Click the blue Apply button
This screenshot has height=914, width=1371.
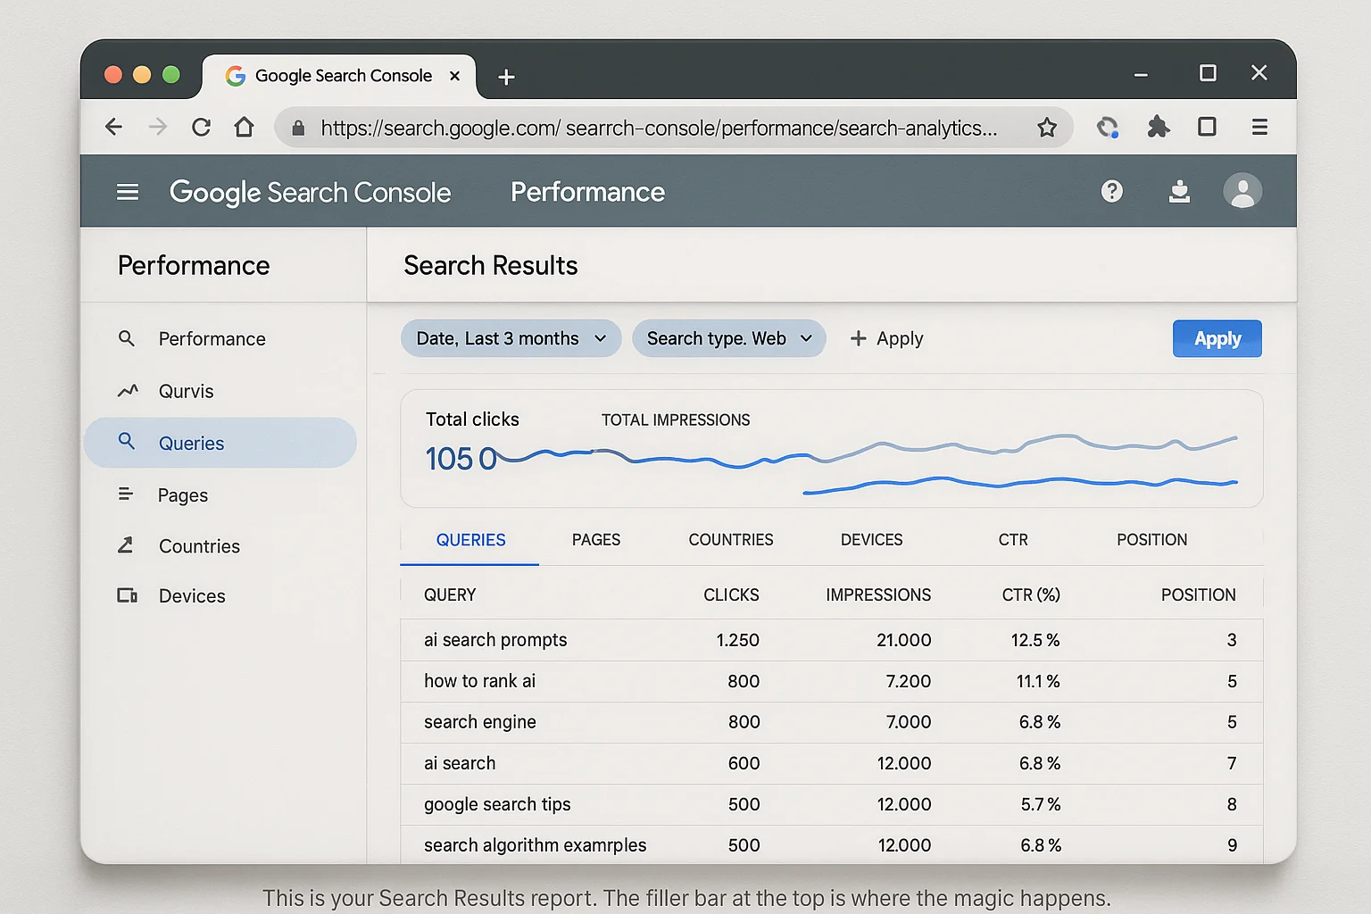coord(1217,338)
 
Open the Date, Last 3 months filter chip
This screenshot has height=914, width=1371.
coord(511,338)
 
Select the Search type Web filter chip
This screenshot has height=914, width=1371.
coord(728,338)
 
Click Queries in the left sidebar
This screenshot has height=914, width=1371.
coord(191,443)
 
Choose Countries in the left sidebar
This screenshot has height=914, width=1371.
coord(199,546)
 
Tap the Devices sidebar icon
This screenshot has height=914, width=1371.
coord(127,595)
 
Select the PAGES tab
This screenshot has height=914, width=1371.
coord(595,540)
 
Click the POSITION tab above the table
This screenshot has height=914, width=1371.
coord(1151,540)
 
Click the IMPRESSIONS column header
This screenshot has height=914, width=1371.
coord(877,594)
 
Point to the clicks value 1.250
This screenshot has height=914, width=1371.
coord(737,640)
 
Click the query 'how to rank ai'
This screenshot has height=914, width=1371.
coord(479,681)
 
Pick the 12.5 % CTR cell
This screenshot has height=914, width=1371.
coord(1034,640)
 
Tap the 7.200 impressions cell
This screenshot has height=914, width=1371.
coord(908,681)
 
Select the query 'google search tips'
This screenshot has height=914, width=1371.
coord(497,804)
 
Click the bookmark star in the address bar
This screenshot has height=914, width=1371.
coord(1047,128)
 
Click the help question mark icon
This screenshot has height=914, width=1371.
coord(1111,191)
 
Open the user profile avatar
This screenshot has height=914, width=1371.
coord(1242,191)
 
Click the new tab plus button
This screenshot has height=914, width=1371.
coord(506,77)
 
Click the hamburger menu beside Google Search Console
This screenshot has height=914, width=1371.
coord(128,192)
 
